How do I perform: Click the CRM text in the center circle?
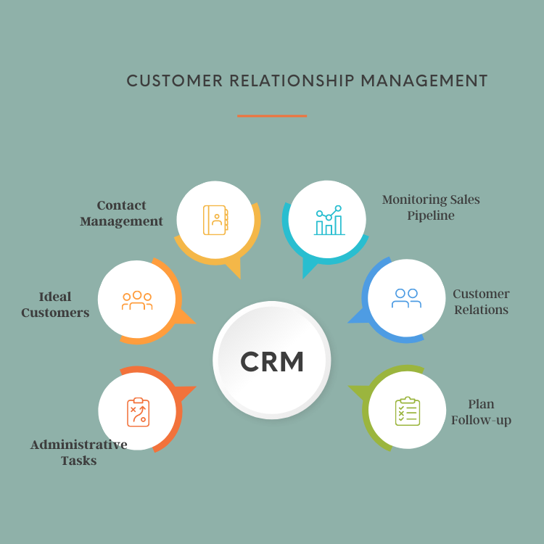coord(272,361)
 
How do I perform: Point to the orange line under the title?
coord(272,115)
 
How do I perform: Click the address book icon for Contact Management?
coord(215,220)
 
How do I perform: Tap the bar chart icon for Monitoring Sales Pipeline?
coord(328,220)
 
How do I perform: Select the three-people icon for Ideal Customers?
coord(136,300)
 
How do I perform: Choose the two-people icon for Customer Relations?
coord(406,298)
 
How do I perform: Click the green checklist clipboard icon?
coord(407,411)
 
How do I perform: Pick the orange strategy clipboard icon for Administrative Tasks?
coord(137,412)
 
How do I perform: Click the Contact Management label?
coord(121,213)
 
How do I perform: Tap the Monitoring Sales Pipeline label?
coord(431,207)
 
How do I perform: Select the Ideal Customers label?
coord(55,305)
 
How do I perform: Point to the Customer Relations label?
coord(481,302)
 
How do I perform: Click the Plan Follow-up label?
coord(481,412)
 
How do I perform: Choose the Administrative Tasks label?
coord(78,452)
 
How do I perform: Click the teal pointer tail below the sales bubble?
coord(309,270)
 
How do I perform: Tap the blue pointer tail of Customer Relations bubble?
coord(357,316)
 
